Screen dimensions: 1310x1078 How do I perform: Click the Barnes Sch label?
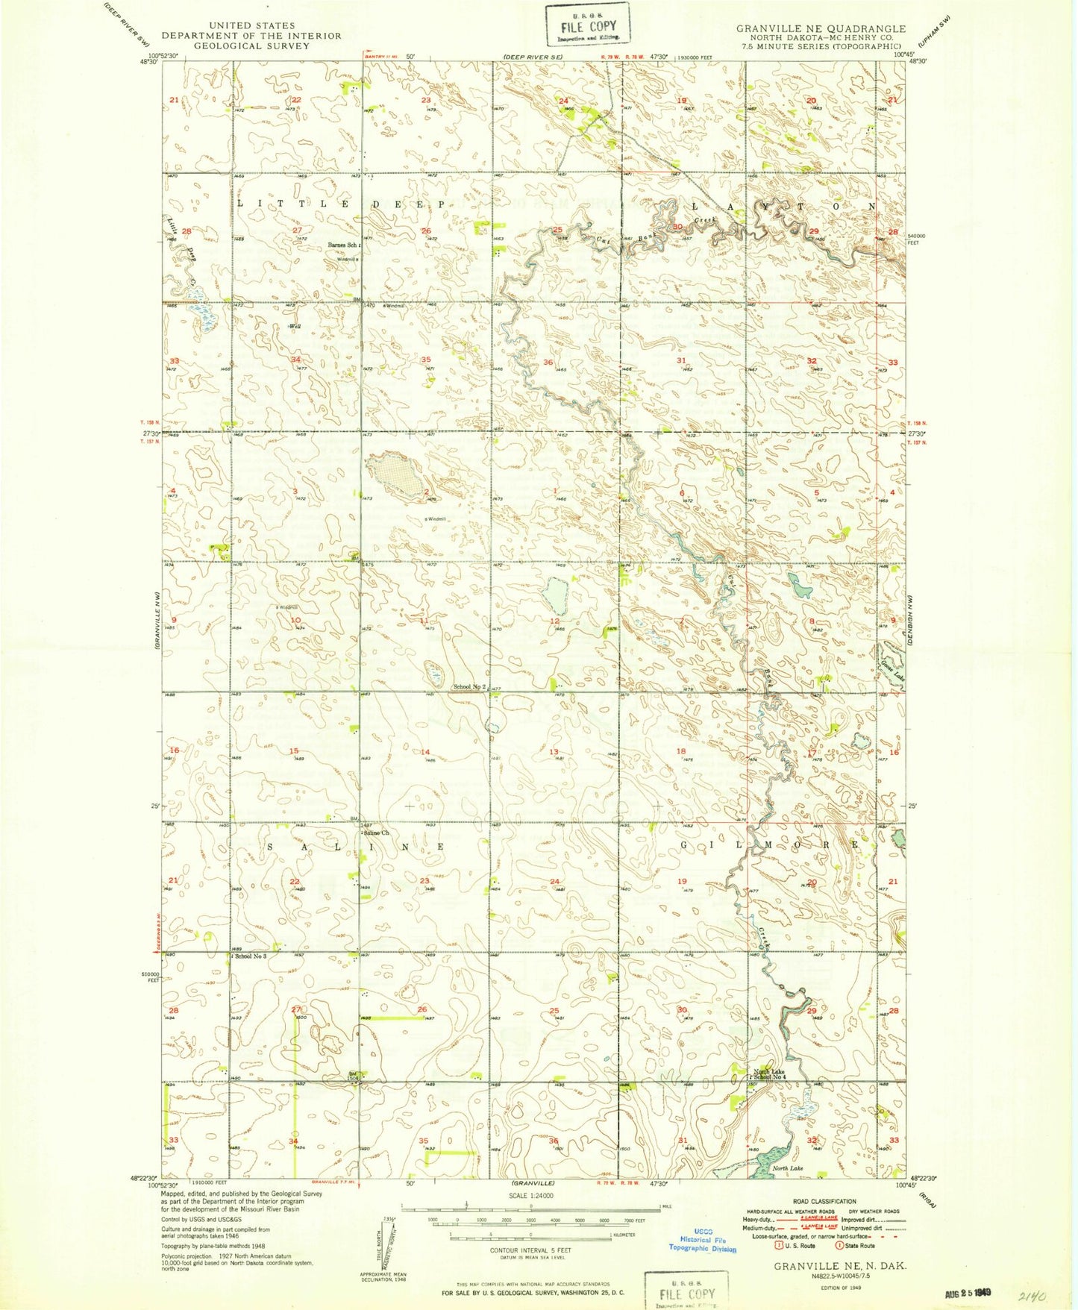click(x=343, y=245)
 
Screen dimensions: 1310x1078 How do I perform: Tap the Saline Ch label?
click(x=377, y=833)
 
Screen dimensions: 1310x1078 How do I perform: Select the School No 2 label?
click(x=470, y=686)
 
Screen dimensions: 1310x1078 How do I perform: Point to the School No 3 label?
click(x=250, y=956)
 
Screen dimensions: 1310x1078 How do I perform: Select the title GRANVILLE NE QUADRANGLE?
click(x=821, y=28)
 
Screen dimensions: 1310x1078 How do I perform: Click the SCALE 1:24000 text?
click(x=531, y=1196)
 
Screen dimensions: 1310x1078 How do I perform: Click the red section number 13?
click(x=554, y=752)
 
